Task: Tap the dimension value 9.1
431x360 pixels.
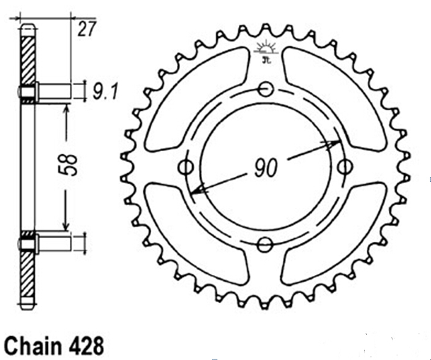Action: [x=105, y=92]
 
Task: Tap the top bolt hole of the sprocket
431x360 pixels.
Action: [x=266, y=89]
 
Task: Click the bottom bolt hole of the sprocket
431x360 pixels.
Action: [x=265, y=244]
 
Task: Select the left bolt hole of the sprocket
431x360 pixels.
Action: [x=186, y=167]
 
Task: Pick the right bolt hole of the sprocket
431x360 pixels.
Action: [x=345, y=167]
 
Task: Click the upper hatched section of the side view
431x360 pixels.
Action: [x=28, y=60]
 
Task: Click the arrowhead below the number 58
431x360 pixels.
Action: [x=66, y=226]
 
